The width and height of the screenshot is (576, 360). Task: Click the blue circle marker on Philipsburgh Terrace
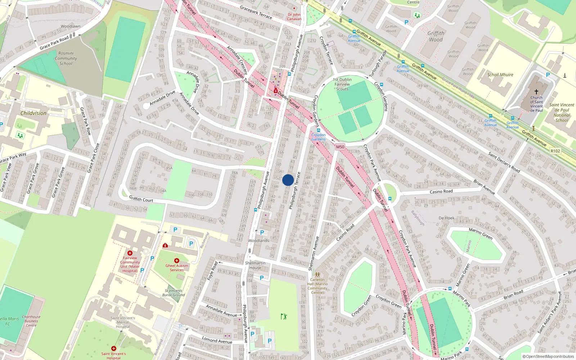pyautogui.click(x=288, y=180)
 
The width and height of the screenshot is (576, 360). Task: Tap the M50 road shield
pyautogui.click(x=340, y=147)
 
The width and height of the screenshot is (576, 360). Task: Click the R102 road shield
pyautogui.click(x=555, y=151)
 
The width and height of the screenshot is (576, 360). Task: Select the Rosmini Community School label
pyautogui.click(x=66, y=58)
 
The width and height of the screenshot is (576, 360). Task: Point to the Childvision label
pyautogui.click(x=33, y=113)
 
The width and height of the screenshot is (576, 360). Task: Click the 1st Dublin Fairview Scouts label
pyautogui.click(x=342, y=84)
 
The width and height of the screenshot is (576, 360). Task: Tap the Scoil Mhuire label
pyautogui.click(x=500, y=75)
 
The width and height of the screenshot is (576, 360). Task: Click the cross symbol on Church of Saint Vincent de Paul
pyautogui.click(x=536, y=92)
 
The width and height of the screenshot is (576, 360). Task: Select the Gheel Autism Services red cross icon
pyautogui.click(x=176, y=261)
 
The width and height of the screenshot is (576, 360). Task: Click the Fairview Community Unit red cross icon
pyautogui.click(x=130, y=253)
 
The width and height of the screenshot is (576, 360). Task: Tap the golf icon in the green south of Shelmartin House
pyautogui.click(x=284, y=316)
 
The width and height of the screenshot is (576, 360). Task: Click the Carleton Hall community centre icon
pyautogui.click(x=317, y=275)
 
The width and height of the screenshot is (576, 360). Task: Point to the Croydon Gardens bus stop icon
pyautogui.click(x=318, y=130)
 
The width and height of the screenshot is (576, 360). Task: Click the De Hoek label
pyautogui.click(x=446, y=218)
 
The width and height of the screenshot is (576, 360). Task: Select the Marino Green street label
pyautogui.click(x=481, y=234)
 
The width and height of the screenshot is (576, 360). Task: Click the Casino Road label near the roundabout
pyautogui.click(x=441, y=192)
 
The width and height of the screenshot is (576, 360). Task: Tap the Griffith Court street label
pyautogui.click(x=141, y=199)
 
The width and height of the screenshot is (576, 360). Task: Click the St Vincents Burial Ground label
pyautogui.click(x=174, y=293)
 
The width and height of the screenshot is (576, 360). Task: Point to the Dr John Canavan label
pyautogui.click(x=294, y=17)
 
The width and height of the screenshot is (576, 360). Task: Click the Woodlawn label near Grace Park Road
pyautogui.click(x=71, y=26)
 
